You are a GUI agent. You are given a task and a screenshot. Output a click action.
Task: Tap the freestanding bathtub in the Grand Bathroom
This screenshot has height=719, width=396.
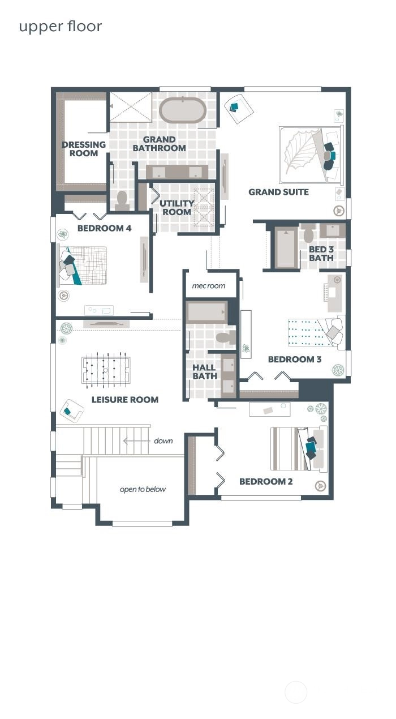click(183, 110)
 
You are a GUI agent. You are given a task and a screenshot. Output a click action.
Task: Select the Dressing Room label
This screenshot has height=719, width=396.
click(84, 149)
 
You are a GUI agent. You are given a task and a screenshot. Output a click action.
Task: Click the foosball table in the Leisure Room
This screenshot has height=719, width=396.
click(106, 370)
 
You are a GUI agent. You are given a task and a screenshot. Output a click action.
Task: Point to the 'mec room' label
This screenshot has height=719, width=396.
click(208, 286)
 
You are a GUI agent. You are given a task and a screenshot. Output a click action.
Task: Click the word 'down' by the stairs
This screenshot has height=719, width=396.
click(163, 441)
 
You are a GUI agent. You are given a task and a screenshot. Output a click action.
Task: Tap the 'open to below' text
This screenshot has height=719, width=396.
click(143, 490)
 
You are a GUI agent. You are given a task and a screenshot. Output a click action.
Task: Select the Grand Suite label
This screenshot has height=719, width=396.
click(279, 192)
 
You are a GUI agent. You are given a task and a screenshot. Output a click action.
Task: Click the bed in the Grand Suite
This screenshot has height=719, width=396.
click(311, 155)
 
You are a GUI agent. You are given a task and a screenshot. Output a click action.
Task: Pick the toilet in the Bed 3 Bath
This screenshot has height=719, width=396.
click(308, 233)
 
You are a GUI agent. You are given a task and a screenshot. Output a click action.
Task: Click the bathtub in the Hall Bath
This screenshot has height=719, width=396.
click(207, 313)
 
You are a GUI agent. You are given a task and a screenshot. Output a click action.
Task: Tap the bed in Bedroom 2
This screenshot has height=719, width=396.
click(299, 448)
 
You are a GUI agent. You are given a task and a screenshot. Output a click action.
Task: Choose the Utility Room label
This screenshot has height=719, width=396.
click(177, 208)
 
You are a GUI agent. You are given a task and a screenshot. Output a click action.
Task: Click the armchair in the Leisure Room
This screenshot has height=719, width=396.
click(71, 411)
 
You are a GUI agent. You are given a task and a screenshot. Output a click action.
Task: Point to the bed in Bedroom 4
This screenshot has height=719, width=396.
click(82, 266)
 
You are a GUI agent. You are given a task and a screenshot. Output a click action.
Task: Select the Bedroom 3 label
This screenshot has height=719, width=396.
click(295, 359)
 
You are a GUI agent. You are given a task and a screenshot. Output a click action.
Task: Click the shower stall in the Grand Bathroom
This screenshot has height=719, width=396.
click(131, 107)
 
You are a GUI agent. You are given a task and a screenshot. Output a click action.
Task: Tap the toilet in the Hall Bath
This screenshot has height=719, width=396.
click(225, 337)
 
